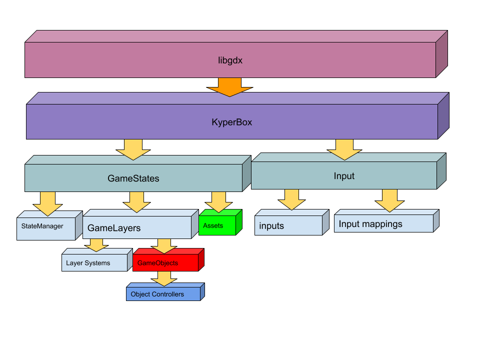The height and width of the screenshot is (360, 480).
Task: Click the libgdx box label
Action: click(x=230, y=60)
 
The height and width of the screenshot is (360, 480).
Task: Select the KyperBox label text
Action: click(x=231, y=121)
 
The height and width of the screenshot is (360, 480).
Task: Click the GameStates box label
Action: click(x=133, y=178)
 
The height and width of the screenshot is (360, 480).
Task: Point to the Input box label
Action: click(x=344, y=176)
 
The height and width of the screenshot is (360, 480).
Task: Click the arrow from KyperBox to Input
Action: click(x=344, y=149)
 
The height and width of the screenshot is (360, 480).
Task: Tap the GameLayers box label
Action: click(x=114, y=228)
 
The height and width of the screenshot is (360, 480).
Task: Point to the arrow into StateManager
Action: click(x=47, y=203)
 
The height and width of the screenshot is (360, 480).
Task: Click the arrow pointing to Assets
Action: click(x=218, y=201)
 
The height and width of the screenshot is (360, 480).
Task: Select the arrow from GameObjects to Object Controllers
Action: click(x=164, y=278)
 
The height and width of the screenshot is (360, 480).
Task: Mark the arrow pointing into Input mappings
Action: click(x=390, y=200)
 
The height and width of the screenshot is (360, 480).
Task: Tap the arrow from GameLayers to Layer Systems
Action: click(x=96, y=245)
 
